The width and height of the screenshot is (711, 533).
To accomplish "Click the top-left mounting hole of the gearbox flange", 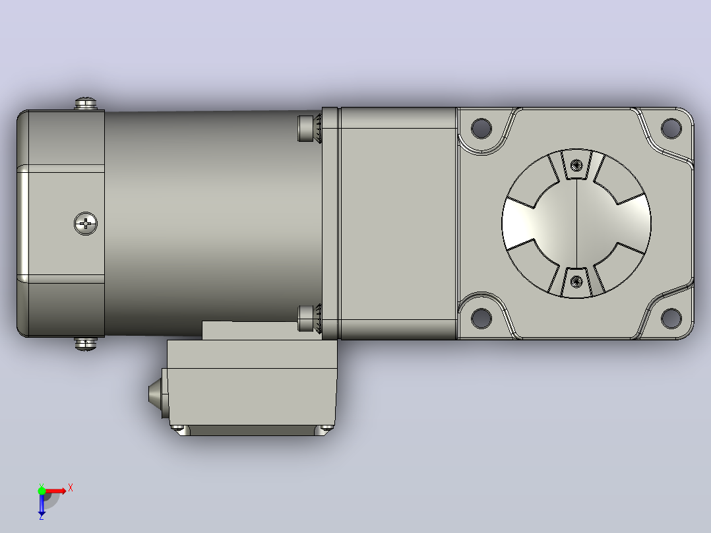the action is pyautogui.click(x=481, y=128).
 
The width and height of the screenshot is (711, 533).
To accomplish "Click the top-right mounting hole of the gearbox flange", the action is pyautogui.click(x=671, y=128).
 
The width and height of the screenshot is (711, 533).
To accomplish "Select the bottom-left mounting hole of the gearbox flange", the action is pyautogui.click(x=481, y=317).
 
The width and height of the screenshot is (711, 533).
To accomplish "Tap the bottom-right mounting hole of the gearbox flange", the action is pyautogui.click(x=671, y=317).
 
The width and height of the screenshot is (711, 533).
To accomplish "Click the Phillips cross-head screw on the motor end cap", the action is pyautogui.click(x=86, y=224).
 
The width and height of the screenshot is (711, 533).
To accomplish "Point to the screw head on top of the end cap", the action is pyautogui.click(x=86, y=104).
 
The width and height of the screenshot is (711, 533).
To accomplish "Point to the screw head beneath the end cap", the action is pyautogui.click(x=86, y=344).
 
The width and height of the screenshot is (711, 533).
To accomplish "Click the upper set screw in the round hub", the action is pyautogui.click(x=576, y=165).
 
